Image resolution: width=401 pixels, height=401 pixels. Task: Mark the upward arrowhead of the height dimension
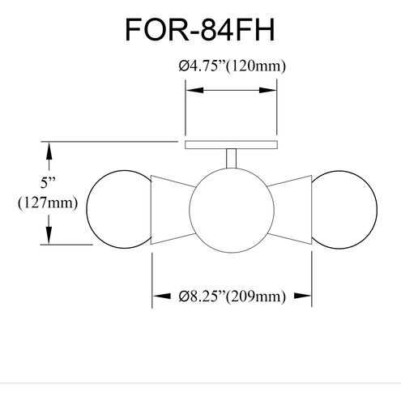pyautogui.click(x=51, y=149)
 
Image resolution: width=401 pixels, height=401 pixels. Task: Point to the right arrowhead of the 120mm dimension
pyautogui.click(x=274, y=92)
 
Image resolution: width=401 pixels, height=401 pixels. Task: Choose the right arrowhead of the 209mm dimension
pyautogui.click(x=307, y=297)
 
